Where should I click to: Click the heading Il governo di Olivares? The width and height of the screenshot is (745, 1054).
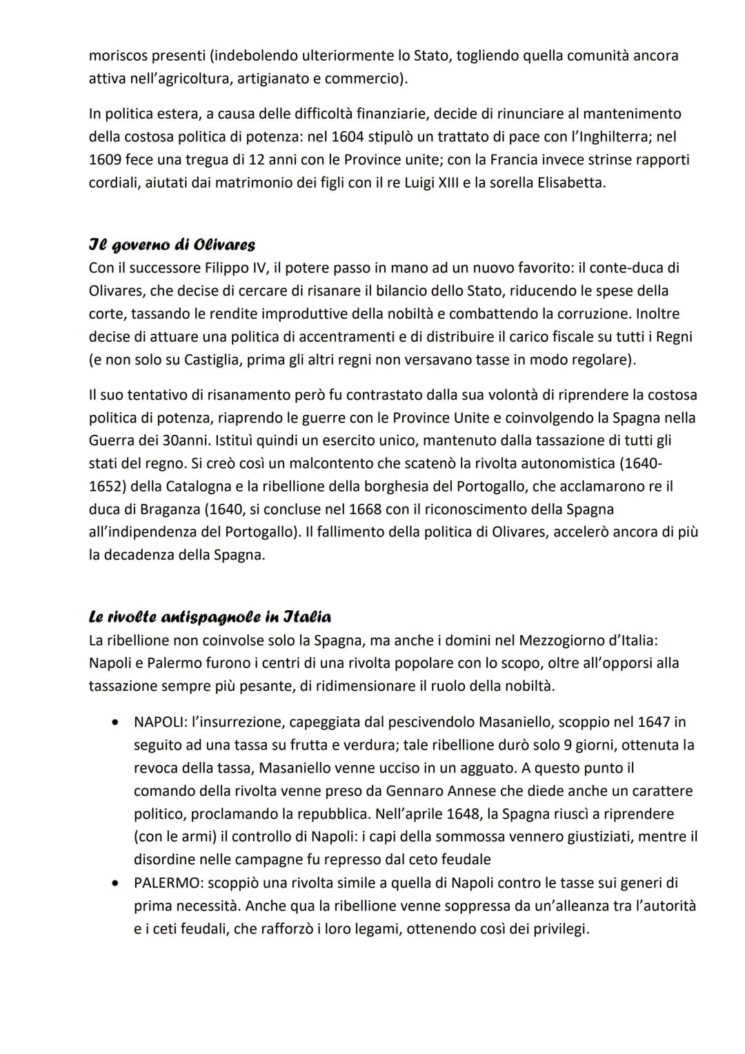tap(172, 245)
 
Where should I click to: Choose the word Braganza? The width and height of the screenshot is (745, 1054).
tap(174, 509)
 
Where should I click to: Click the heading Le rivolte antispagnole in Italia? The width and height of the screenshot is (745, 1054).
tap(210, 617)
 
